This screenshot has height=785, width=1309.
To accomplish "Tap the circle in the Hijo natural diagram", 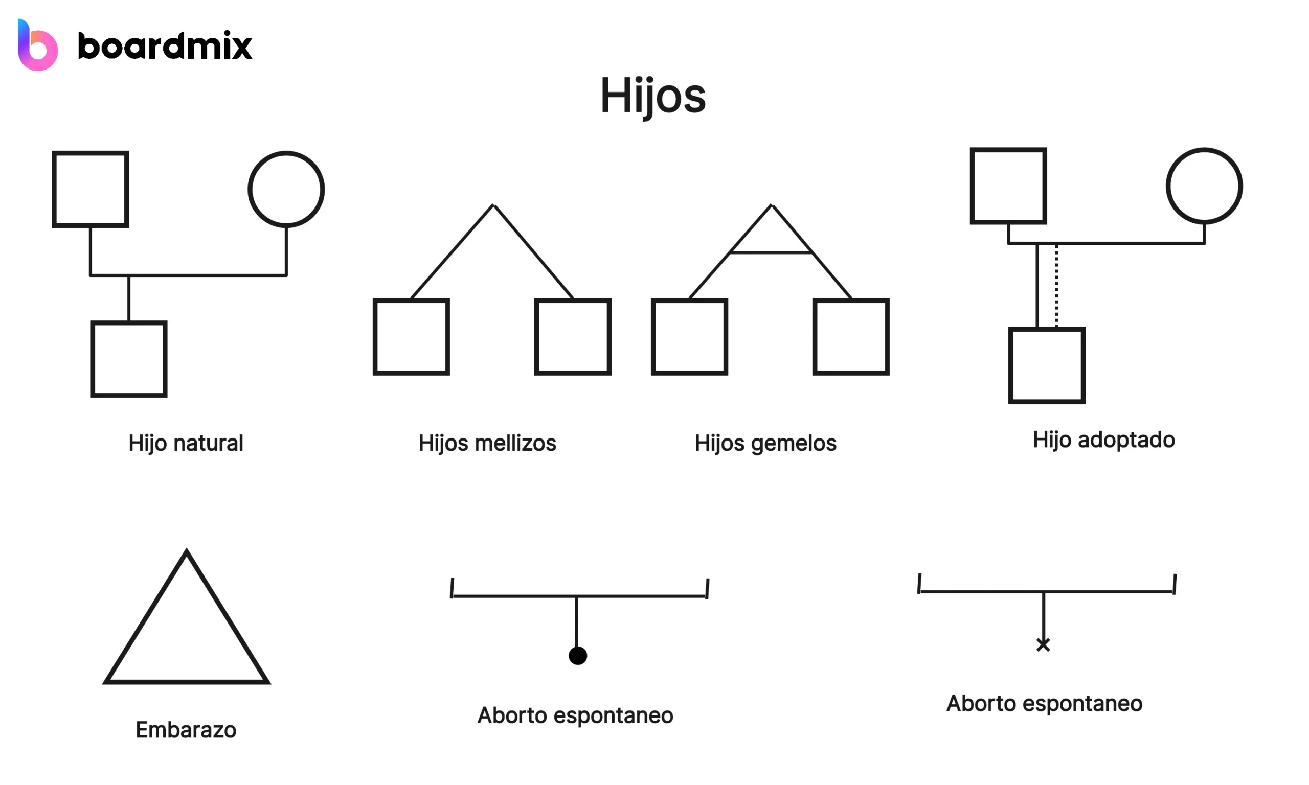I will [x=286, y=190].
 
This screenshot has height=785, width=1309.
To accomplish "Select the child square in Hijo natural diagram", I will [x=128, y=359].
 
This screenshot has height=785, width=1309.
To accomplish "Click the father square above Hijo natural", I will [x=91, y=190].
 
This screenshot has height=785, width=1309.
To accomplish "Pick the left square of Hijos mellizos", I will [x=411, y=337].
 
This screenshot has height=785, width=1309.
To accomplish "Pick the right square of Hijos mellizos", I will [x=573, y=337].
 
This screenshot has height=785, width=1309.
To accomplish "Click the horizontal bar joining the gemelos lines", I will [x=771, y=253].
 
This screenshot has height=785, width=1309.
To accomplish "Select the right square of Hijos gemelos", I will [x=851, y=337].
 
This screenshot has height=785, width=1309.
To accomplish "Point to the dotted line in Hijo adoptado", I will [x=1056, y=286].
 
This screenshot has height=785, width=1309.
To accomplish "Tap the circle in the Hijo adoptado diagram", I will [x=1204, y=186].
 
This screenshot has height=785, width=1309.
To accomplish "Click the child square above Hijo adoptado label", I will [x=1047, y=365].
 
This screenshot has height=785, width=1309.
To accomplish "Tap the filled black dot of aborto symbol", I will [x=578, y=655].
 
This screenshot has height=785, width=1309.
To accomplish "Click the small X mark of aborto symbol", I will [x=1043, y=645].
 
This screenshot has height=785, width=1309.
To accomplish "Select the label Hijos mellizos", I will [x=487, y=443].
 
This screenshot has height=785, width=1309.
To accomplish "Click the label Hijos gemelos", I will [x=765, y=443].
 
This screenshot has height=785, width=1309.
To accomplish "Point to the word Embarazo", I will [x=186, y=730].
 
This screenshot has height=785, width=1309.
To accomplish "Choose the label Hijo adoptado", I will [x=1104, y=440].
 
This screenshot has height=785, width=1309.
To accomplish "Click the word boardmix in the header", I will [x=165, y=46].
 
